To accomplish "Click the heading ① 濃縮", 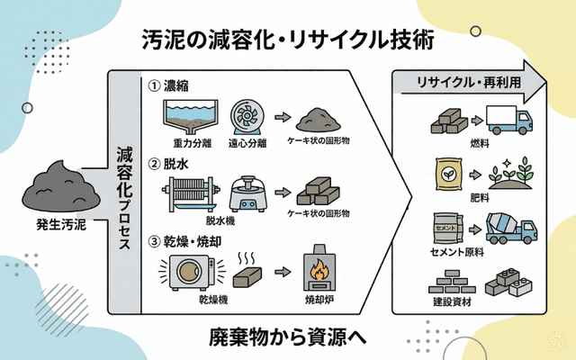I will point(170,86).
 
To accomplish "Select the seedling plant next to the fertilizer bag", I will point(508,172).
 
